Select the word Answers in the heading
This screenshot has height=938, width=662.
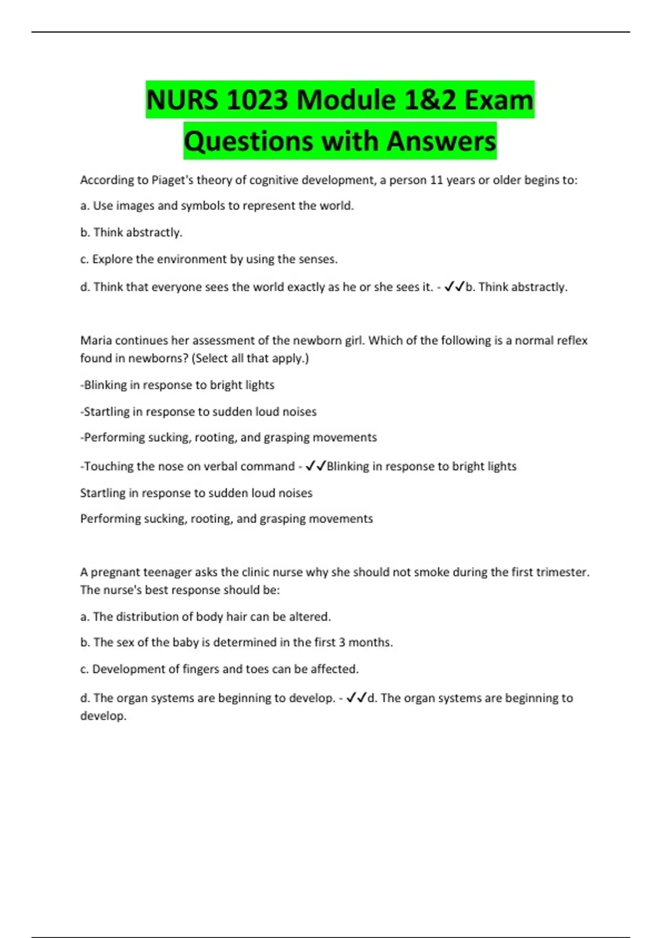coord(441,141)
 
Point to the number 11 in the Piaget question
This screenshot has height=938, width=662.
coord(436,180)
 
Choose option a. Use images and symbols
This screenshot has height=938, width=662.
coord(217,206)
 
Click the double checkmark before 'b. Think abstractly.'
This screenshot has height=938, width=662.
coord(454,286)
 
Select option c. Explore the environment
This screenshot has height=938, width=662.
coord(209,259)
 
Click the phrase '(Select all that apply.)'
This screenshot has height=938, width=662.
coord(250,358)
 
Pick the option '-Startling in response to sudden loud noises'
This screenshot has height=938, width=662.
coord(198,412)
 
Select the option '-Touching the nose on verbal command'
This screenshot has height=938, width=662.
coord(187,466)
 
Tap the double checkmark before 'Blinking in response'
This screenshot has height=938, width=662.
coord(316,466)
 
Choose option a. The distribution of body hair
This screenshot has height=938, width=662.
coord(205,617)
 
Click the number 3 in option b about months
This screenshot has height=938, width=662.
coord(342,642)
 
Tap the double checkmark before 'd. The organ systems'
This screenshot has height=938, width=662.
coord(356,698)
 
